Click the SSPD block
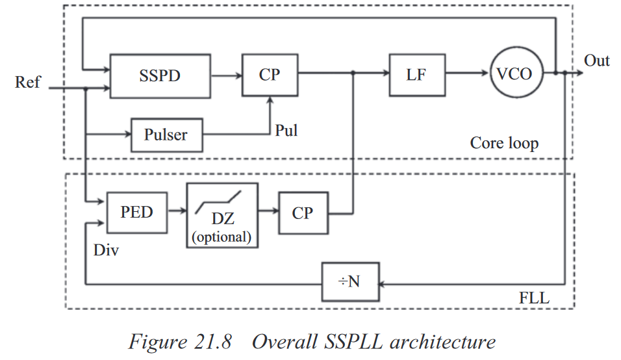160,75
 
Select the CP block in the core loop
270,75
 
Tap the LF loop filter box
416,74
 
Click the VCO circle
514,73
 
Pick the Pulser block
166,135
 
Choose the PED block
136,212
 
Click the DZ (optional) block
222,215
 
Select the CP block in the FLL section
303,212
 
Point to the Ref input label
27,83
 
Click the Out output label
596,60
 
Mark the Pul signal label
286,130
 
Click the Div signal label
106,250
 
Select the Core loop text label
504,142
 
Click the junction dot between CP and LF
353,74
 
